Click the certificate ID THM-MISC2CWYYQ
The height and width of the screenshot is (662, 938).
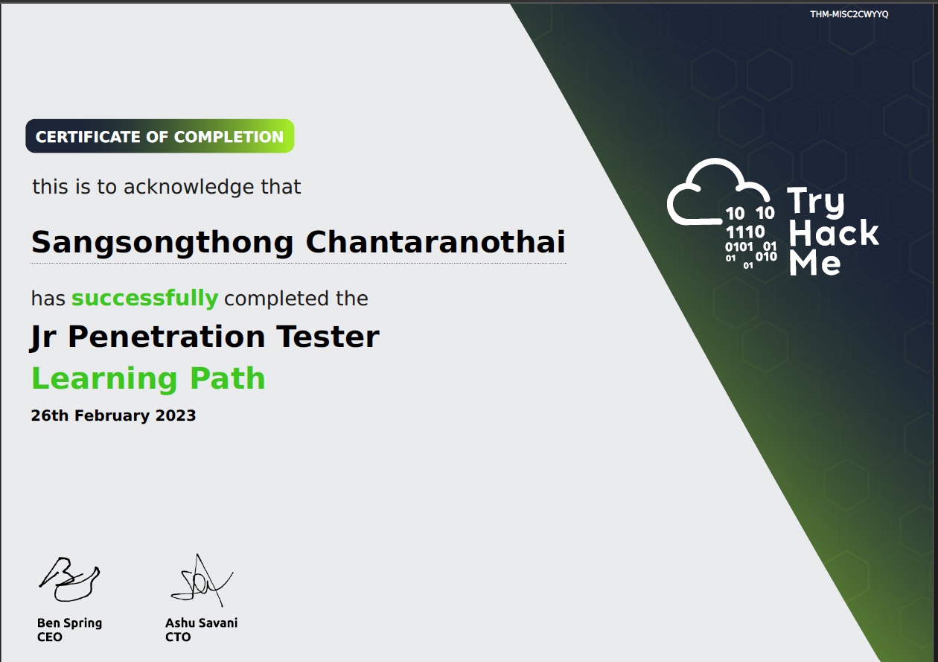coord(849,14)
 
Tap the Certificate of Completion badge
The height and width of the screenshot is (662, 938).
coord(160,136)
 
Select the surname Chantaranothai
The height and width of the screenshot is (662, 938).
coord(435,242)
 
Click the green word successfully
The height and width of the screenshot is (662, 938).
coord(145,299)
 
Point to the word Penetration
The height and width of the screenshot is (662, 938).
coord(166,337)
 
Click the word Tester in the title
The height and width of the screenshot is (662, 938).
coord(328,337)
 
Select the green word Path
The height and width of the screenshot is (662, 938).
coord(227,378)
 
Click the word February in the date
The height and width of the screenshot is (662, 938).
coord(112,416)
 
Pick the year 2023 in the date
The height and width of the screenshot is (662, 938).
coord(176,416)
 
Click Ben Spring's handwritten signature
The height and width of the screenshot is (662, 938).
coord(69,579)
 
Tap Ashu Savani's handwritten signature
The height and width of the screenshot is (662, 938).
coord(202,580)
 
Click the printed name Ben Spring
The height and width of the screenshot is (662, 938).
coord(69,623)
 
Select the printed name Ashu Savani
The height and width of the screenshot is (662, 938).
coord(202,623)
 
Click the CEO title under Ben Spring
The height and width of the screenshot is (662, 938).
coord(50,637)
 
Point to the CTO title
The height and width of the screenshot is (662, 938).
coord(178,637)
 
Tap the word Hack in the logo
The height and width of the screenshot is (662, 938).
coord(833,232)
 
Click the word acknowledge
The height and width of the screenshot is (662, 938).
coord(189,188)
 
